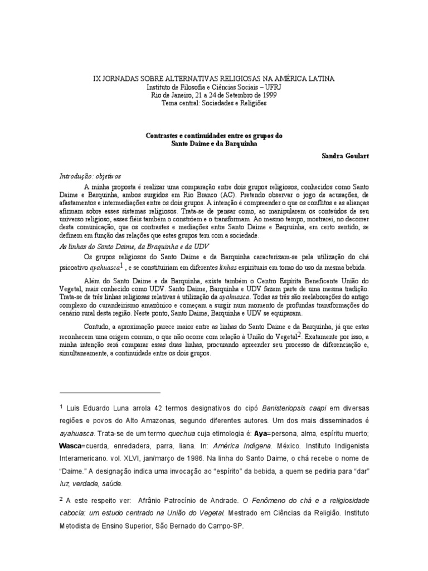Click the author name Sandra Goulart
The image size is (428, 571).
coord(345,156)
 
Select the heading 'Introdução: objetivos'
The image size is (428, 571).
coord(90,175)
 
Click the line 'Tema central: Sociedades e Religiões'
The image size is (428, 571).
coord(214,103)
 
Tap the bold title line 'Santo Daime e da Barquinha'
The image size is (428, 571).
coord(214,143)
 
